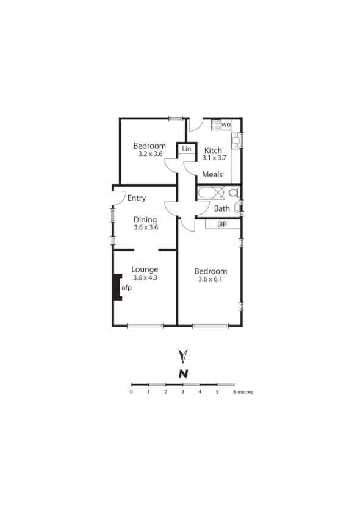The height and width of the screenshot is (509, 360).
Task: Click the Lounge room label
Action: pyautogui.click(x=145, y=269)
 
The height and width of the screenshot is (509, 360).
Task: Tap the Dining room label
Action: pyautogui.click(x=146, y=219)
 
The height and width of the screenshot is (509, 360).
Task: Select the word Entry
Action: pyautogui.click(x=137, y=198)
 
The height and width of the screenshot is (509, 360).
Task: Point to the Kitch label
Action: pyautogui.click(x=213, y=151)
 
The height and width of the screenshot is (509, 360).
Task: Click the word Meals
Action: pyautogui.click(x=212, y=174)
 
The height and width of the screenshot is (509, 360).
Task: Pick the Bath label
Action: pyautogui.click(x=221, y=208)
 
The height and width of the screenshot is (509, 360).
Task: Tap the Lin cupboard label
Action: pyautogui.click(x=186, y=149)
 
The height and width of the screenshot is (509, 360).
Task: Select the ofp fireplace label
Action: pyautogui.click(x=127, y=287)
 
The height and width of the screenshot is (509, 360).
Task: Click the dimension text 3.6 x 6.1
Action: pyautogui.click(x=211, y=280)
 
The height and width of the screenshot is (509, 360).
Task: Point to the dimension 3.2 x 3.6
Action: pyautogui.click(x=149, y=154)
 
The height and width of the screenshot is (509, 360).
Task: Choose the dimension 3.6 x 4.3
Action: pyautogui.click(x=145, y=277)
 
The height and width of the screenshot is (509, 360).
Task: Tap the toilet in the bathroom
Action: pyautogui.click(x=232, y=193)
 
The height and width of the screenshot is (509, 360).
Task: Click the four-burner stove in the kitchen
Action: pyautogui.click(x=215, y=125)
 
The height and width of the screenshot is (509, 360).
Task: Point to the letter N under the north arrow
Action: pyautogui.click(x=182, y=374)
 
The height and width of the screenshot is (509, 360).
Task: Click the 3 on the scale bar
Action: pyautogui.click(x=182, y=392)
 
